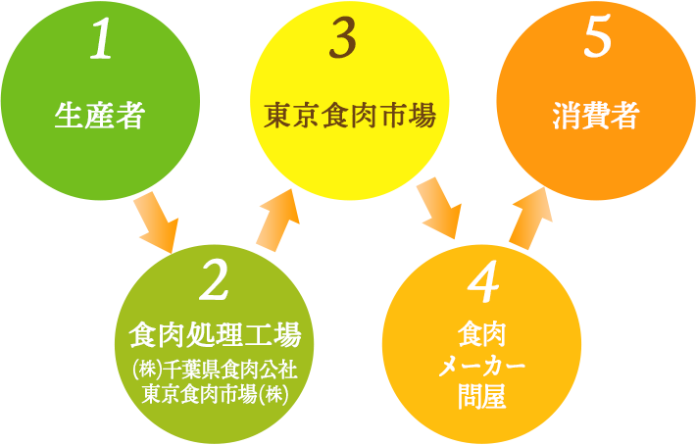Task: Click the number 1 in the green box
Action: pyautogui.click(x=100, y=41)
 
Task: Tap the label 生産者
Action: pyautogui.click(x=100, y=117)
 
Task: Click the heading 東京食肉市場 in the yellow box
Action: pyautogui.click(x=349, y=117)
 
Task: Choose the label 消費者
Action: pyautogui.click(x=595, y=117)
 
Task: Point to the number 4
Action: pyautogui.click(x=482, y=284)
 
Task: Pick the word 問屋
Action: pyautogui.click(x=481, y=396)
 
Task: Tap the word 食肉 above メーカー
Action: pyautogui.click(x=481, y=335)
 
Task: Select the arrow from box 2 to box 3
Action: pyautogui.click(x=279, y=221)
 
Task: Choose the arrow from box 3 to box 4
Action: pyautogui.click(x=440, y=210)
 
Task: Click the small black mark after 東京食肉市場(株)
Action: pyautogui.click(x=296, y=401)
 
